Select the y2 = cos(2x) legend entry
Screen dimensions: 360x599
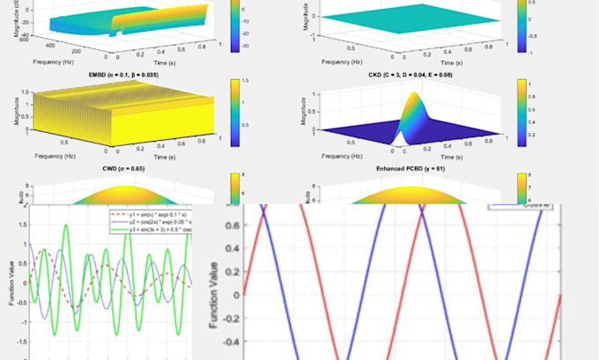click(x=155, y=223)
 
